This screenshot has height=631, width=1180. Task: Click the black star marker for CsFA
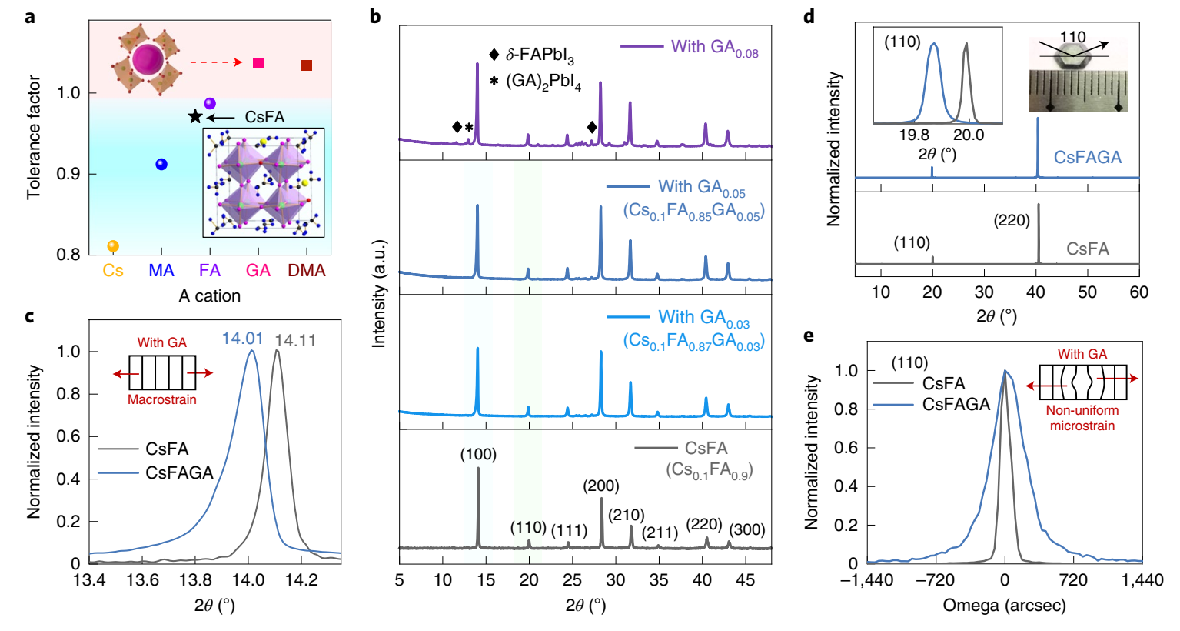click(195, 116)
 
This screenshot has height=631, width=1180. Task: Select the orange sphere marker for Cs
click(113, 246)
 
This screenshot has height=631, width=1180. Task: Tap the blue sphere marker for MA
click(161, 164)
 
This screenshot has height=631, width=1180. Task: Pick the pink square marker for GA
click(258, 63)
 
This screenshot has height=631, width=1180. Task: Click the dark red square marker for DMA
click(307, 65)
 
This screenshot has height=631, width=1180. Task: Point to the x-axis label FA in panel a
click(210, 271)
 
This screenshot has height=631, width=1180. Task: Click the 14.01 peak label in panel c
click(242, 339)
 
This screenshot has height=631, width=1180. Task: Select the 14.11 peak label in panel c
click(295, 340)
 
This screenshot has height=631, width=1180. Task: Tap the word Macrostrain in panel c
click(162, 399)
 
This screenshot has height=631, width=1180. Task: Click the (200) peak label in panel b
click(600, 486)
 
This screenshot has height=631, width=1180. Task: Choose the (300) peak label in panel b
click(746, 529)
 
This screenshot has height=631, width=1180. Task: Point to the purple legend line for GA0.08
click(642, 47)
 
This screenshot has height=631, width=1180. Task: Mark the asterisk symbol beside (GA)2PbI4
click(494, 82)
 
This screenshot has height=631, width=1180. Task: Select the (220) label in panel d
click(1012, 221)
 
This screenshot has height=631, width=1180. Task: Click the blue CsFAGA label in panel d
click(1087, 157)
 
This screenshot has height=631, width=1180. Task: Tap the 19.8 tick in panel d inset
click(914, 135)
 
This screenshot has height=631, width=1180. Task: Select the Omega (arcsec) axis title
click(1004, 606)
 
